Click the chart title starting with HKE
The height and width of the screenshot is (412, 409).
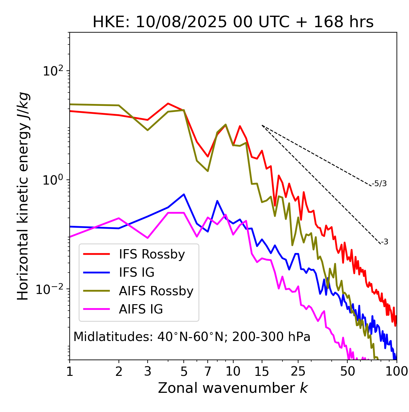(233, 22)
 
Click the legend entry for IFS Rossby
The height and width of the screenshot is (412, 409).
(152, 254)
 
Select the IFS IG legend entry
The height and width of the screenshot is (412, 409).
(136, 273)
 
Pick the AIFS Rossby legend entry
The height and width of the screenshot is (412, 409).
(156, 291)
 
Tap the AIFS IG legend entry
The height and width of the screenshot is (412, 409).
(141, 309)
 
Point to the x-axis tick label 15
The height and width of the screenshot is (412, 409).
(262, 371)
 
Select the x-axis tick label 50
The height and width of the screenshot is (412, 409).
(348, 371)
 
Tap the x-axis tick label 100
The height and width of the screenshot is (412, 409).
(396, 371)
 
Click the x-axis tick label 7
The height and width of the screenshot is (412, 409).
(208, 371)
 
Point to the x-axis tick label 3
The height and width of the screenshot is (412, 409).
(147, 371)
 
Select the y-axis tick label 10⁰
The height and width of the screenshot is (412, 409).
(53, 180)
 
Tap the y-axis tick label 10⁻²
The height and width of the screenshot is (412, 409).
(51, 289)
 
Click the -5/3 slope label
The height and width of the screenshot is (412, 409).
(379, 184)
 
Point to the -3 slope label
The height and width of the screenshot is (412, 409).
(384, 242)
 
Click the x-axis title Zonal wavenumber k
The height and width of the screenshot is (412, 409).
(233, 388)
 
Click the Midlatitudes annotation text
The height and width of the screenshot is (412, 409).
(192, 337)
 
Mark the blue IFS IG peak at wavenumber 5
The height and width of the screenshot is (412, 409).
(184, 194)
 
